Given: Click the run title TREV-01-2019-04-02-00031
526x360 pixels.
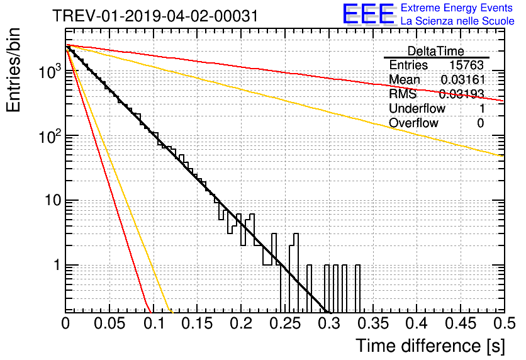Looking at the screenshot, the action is coord(155,16).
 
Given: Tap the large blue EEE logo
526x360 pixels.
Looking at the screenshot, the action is coord(368,14).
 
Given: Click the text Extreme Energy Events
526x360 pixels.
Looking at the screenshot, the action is coord(457,8).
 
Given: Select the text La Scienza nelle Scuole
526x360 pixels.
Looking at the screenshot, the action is coord(457,21).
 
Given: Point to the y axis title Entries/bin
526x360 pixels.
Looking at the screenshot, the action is coord(13,70).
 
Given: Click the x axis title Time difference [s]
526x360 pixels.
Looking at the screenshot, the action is coord(430,346).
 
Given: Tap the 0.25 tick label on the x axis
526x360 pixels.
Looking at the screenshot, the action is coord(285,323).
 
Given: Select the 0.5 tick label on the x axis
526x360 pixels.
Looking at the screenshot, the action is coord(505,323).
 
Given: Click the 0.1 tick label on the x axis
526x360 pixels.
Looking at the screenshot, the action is coord(155,323).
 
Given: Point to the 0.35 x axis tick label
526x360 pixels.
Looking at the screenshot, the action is coord(372,323).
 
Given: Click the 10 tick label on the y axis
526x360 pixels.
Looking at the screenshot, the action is coord(53,201).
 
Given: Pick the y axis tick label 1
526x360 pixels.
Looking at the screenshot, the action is coord(57,266).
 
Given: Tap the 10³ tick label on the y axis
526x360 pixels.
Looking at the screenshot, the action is coord(50,72).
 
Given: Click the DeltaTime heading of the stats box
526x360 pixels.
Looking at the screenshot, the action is coord(436,52).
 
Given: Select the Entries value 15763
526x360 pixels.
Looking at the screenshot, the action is coord(467,65).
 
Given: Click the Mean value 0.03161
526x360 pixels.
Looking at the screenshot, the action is coord(462,80).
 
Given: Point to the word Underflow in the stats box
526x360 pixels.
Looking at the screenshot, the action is coord(417,109).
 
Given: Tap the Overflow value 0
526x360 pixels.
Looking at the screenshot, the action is coord(481,123).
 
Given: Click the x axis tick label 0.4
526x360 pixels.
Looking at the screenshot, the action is coord(417,323).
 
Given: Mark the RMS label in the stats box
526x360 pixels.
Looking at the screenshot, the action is coord(403,94).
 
